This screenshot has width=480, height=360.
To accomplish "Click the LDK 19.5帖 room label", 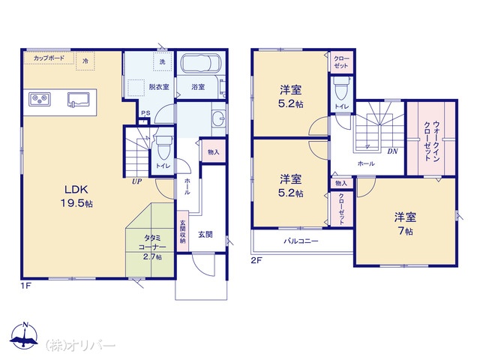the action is (76, 196).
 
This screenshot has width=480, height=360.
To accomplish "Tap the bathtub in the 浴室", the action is (200, 63).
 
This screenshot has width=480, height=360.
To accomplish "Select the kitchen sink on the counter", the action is (78, 100).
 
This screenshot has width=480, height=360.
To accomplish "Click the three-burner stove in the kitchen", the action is (40, 100).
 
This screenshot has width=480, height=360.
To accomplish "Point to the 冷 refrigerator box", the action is (85, 61).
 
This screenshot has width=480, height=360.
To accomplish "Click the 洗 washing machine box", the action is (163, 61).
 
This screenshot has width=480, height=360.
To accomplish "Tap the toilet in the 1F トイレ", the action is (163, 147).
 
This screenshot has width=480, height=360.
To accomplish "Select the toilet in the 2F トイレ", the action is (341, 88).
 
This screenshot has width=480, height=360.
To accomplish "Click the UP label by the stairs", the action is (136, 181).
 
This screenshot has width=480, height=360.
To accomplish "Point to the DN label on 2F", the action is (392, 151).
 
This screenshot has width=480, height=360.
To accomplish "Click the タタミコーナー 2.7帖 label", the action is (152, 247).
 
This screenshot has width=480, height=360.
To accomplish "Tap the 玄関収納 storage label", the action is (183, 232).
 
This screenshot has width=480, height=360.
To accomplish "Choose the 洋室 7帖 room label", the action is (405, 224).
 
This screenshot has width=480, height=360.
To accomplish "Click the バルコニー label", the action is (301, 241).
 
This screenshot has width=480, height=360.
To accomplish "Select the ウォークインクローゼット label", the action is (432, 141).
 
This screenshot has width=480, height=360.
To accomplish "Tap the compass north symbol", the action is (24, 335).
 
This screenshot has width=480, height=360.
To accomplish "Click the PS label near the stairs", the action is (145, 113).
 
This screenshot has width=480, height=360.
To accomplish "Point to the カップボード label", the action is (49, 58).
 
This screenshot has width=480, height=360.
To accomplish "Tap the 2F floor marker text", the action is (256, 261).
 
